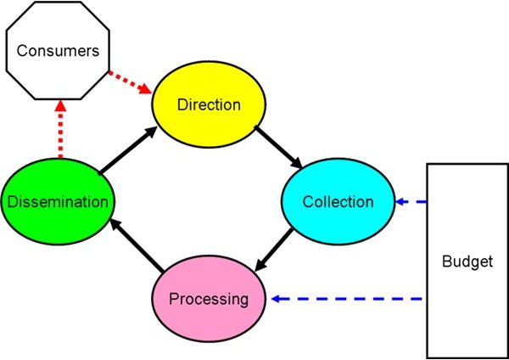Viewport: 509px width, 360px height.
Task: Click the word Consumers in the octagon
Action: click(58, 51)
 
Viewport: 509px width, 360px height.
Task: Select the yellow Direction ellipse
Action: click(209, 104)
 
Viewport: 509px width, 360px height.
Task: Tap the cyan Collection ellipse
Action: click(338, 201)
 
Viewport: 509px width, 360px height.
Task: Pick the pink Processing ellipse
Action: click(209, 299)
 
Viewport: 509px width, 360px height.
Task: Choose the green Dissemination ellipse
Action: click(58, 201)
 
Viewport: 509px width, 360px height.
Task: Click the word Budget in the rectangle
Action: click(467, 262)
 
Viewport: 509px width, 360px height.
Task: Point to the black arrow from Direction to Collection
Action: click(278, 147)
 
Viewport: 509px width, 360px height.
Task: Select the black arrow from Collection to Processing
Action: click(274, 250)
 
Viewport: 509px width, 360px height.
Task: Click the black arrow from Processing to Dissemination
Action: click(137, 245)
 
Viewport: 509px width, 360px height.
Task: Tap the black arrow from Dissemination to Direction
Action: click(128, 149)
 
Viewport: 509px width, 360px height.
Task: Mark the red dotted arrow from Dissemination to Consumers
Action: click(60, 129)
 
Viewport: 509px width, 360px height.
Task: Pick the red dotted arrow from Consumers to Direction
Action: click(130, 82)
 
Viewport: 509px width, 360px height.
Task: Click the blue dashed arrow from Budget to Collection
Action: click(411, 202)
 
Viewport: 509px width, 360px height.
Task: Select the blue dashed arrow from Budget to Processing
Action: click(347, 299)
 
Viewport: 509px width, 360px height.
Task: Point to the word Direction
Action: click(209, 104)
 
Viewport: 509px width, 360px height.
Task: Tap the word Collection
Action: click(338, 202)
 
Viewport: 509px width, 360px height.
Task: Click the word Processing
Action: click(209, 299)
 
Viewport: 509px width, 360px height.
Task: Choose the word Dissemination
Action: click(58, 202)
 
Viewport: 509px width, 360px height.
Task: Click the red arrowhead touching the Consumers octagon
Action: click(60, 106)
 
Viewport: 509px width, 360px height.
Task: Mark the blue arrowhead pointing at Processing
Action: click(276, 299)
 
